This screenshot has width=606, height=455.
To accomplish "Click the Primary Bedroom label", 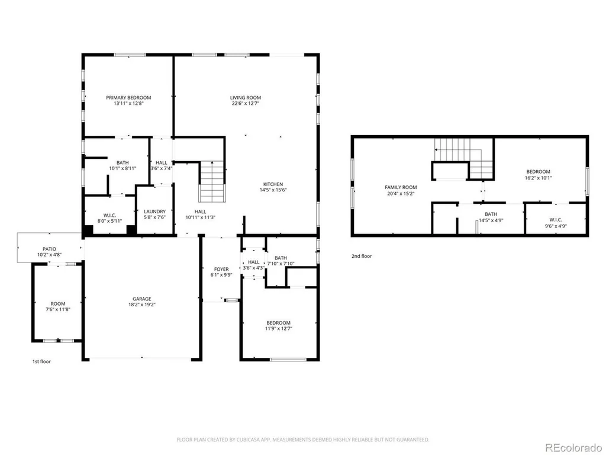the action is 128,98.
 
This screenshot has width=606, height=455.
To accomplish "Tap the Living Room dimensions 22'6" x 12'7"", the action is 246,104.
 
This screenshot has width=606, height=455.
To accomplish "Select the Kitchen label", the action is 273,184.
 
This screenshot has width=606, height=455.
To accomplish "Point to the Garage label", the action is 142,299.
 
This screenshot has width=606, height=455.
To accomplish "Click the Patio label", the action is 50,249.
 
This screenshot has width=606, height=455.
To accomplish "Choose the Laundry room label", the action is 154,212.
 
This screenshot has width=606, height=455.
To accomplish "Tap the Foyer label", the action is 221,269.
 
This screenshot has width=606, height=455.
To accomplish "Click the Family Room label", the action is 401,187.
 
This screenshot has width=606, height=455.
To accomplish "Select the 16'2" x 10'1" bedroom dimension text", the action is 538,178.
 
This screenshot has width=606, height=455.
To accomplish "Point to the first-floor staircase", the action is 212,181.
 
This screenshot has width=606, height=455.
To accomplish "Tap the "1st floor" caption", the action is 41,361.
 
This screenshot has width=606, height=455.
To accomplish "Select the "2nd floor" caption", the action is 362,256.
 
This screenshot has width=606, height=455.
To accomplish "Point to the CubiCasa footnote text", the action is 302,440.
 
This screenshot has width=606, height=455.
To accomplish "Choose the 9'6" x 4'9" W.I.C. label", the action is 555,223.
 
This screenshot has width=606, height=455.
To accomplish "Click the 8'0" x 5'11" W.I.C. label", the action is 109,218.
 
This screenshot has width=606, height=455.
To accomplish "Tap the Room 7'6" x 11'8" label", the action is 58,306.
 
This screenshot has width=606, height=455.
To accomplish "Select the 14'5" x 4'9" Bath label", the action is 491,217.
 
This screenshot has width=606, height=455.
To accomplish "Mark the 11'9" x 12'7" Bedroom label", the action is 278,326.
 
